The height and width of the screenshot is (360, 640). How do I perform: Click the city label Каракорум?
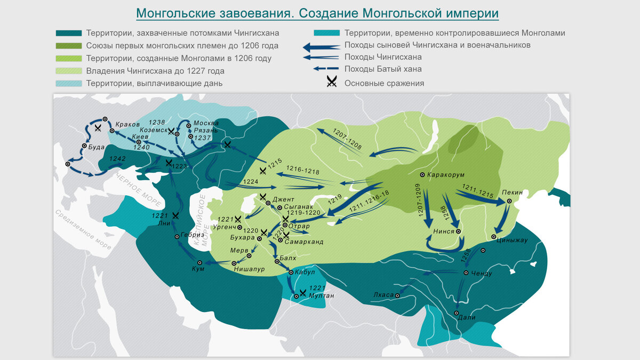446,175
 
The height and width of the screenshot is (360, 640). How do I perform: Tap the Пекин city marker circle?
509,201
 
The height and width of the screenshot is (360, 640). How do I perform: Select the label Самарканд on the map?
304,242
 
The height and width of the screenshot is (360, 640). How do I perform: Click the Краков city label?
127,124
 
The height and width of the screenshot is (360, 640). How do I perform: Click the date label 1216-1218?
302,171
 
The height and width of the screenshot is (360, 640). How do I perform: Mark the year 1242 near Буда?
118,159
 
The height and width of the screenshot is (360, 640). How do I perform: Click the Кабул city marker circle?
291,273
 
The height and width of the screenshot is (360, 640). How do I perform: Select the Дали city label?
467,317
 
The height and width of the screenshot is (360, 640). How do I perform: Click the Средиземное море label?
83,230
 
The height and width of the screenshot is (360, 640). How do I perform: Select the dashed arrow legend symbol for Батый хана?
326,69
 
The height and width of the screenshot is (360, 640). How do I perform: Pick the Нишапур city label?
250,269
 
